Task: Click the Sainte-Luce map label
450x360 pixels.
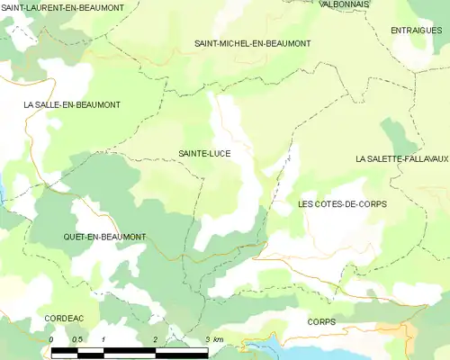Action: (x=204, y=154)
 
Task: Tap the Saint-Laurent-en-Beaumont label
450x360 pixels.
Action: (x=63, y=7)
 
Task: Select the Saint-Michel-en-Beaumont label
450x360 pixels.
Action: (x=253, y=43)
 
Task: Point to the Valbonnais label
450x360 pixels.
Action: (x=343, y=4)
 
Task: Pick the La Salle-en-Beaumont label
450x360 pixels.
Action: (x=72, y=105)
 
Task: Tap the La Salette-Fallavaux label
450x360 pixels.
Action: (x=401, y=158)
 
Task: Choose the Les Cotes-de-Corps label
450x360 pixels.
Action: (x=342, y=204)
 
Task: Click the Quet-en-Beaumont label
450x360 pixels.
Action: (x=104, y=237)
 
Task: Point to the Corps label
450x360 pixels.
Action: (x=321, y=321)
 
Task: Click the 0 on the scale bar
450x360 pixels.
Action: (x=52, y=338)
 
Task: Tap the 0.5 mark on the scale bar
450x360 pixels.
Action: (x=77, y=338)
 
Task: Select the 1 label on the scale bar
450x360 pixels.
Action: (x=104, y=338)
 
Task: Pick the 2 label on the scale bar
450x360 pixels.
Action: (x=156, y=338)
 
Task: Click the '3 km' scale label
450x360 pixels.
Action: (x=214, y=338)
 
